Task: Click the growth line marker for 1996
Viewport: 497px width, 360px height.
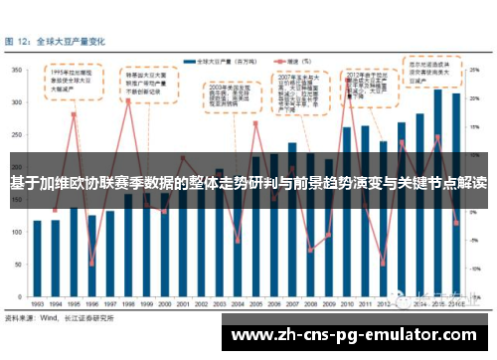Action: (x=92, y=264)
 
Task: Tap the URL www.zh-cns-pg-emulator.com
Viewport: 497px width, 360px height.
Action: (x=359, y=335)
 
